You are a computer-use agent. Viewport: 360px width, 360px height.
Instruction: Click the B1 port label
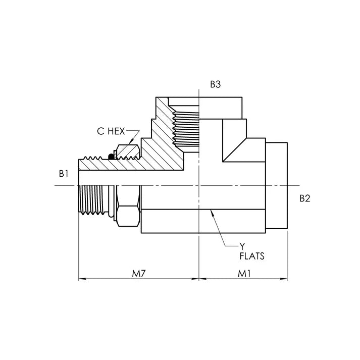[63, 174]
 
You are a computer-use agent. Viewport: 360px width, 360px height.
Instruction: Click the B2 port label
[304, 198]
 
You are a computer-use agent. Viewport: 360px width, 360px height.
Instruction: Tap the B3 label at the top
[216, 85]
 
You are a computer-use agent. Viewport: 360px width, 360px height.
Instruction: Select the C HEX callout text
[111, 131]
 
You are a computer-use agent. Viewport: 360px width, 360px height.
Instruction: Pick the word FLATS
[252, 256]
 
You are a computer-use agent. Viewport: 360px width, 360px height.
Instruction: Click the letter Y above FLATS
[242, 246]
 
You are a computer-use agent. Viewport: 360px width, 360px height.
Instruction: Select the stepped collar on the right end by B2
[277, 186]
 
